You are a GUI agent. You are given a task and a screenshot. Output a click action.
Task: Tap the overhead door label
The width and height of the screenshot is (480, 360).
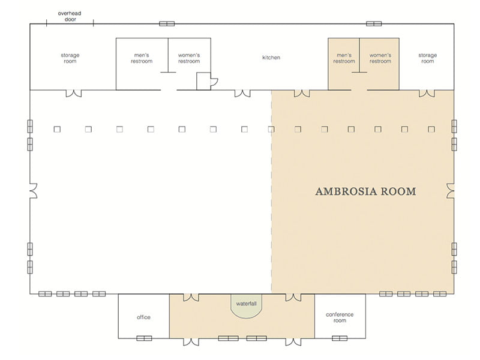tap(70, 16)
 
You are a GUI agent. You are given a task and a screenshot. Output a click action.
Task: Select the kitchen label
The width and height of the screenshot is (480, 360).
tap(271, 58)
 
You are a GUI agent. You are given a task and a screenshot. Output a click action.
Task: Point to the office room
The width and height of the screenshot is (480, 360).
tap(143, 317)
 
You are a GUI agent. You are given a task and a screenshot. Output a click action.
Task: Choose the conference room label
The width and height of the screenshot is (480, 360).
tap(340, 317)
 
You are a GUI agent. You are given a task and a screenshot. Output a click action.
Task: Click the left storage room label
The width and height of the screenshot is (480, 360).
tap(70, 58)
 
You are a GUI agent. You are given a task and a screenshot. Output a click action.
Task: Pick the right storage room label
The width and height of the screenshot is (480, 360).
tap(427, 58)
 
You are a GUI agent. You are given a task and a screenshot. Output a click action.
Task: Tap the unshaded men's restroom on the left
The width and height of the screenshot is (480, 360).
tap(142, 58)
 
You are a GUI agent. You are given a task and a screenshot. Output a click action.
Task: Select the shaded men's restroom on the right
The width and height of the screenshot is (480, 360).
tap(344, 58)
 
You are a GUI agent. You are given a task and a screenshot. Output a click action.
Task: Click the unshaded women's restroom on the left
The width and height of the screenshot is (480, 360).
tap(189, 58)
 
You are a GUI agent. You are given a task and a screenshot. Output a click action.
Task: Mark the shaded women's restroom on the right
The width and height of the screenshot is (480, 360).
tap(380, 58)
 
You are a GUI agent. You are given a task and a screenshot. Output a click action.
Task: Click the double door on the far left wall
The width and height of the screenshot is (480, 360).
tap(32, 191)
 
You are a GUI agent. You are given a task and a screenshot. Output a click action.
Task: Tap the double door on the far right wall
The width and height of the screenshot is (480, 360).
tap(451, 191)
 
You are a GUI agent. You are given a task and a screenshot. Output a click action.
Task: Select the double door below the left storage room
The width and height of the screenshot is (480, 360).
tap(73, 93)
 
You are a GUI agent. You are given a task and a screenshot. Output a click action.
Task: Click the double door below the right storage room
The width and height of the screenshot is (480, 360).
tap(427, 93)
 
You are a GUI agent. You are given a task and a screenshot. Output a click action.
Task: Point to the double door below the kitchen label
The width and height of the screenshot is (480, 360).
tap(242, 93)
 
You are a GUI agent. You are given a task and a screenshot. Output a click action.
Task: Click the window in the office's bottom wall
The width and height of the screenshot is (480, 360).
tap(143, 338)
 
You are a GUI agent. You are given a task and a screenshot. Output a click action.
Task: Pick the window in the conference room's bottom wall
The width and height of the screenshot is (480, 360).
tap(339, 338)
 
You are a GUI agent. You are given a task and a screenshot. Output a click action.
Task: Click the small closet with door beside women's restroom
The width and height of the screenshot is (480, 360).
tap(204, 81)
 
